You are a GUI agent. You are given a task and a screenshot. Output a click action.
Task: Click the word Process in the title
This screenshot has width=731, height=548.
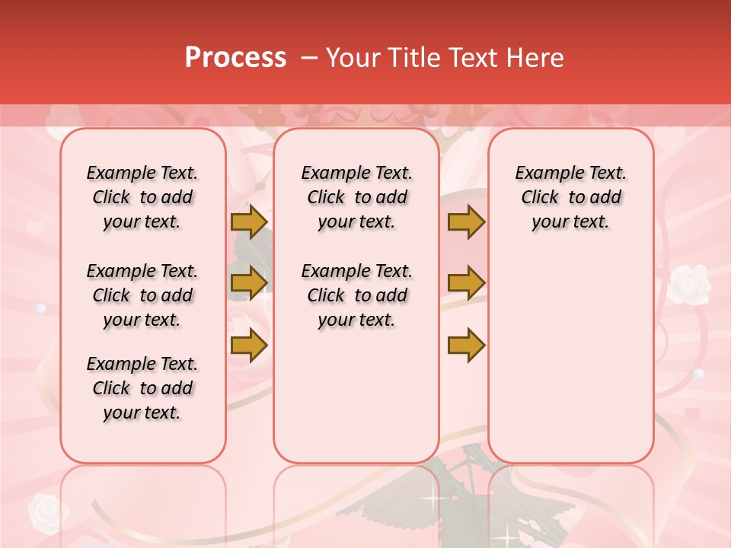click(x=235, y=58)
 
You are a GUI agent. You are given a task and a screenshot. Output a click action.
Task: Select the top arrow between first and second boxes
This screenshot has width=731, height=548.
click(x=249, y=221)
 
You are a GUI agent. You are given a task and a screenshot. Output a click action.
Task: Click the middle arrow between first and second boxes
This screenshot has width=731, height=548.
click(x=249, y=283)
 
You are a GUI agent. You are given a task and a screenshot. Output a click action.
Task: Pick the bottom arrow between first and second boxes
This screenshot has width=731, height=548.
click(x=249, y=345)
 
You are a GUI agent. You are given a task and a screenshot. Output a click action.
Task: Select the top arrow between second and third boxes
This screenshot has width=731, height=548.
click(x=466, y=221)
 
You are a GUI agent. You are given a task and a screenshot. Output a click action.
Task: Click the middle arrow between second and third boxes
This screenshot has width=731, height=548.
click(x=466, y=283)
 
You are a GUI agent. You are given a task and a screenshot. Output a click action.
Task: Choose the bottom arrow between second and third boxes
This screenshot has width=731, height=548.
click(x=466, y=345)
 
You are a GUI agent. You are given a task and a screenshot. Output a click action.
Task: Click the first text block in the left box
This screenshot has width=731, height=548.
click(x=142, y=197)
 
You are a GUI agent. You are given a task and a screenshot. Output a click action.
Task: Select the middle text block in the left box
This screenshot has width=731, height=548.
click(x=142, y=295)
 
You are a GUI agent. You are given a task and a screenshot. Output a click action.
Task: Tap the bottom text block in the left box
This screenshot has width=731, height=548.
click(x=142, y=388)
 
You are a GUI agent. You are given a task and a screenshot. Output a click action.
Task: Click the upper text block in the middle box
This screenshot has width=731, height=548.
click(x=357, y=197)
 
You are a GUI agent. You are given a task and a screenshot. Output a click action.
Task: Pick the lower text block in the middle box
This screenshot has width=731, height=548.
click(x=357, y=295)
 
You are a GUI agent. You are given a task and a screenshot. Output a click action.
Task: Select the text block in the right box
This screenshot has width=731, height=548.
click(x=571, y=197)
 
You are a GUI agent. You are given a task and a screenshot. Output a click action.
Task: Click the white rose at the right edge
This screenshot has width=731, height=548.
click(x=688, y=283)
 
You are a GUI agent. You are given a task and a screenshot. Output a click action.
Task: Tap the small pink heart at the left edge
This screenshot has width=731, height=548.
click(x=35, y=227)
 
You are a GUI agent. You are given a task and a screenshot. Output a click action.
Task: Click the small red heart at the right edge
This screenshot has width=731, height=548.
click(x=691, y=414)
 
